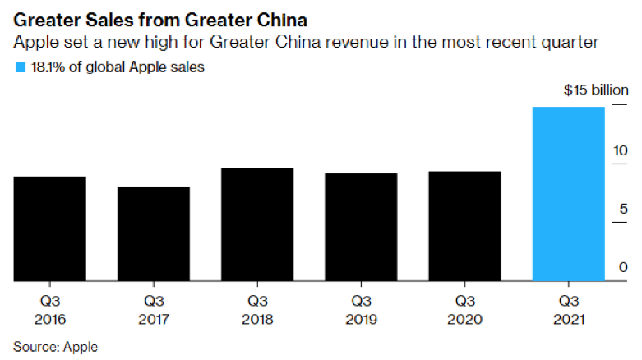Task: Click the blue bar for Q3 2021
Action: [569, 195]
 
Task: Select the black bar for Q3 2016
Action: [50, 229]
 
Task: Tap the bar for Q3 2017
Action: [154, 234]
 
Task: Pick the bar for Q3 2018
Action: [257, 225]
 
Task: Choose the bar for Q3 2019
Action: [361, 228]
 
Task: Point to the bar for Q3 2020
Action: [464, 227]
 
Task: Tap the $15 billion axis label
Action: [596, 90]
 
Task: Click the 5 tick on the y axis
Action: [623, 208]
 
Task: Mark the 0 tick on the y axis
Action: [623, 266]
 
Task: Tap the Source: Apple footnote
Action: [55, 347]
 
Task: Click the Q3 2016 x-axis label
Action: [50, 310]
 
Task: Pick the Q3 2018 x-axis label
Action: [257, 310]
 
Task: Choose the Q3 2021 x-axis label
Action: [569, 310]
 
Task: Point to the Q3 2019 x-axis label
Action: [361, 310]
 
